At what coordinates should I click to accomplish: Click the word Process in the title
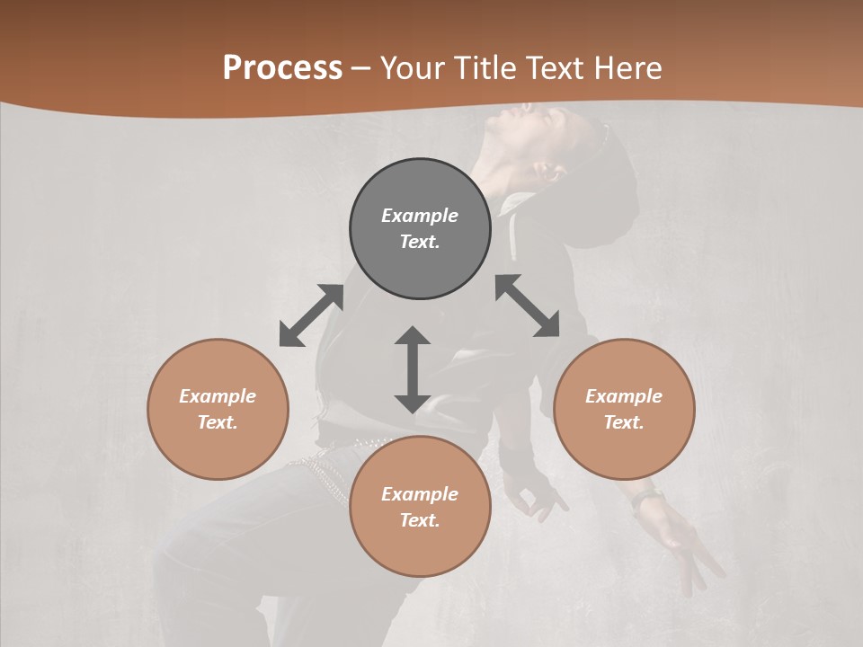click(282, 68)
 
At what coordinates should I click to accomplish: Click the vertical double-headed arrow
click(413, 369)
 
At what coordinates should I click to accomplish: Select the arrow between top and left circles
click(311, 315)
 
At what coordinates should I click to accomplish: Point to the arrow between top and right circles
click(528, 306)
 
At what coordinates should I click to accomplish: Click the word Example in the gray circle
click(420, 216)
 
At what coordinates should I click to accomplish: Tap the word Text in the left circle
click(217, 422)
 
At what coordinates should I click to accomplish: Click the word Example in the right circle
click(624, 396)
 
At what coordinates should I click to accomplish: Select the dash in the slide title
click(361, 68)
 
